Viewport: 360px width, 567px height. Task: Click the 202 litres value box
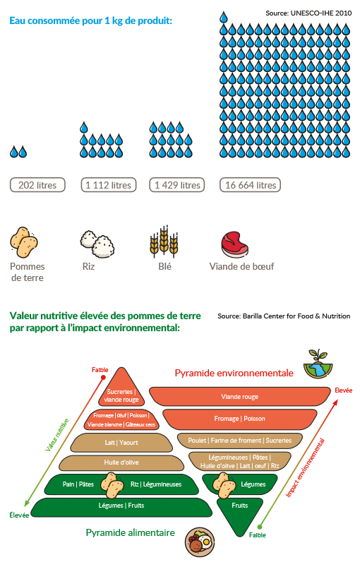[37, 185]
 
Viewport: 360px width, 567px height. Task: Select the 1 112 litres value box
[109, 185]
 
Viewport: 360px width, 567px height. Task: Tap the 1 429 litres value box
[177, 185]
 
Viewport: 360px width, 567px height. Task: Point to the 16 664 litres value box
[250, 185]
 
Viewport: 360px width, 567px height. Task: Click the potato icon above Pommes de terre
[24, 242]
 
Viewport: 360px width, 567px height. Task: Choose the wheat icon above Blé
[164, 241]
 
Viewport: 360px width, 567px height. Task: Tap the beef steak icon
[235, 244]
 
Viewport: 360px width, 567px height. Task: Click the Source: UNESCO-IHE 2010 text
[308, 13]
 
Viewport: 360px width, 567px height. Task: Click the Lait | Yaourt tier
[121, 443]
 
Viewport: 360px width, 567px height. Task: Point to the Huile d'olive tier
[121, 462]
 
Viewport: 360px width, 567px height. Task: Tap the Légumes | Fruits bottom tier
[121, 506]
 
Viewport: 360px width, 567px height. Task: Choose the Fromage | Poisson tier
[239, 419]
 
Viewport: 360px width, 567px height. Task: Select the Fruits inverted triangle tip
[239, 536]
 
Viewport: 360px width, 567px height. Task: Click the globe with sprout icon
[318, 364]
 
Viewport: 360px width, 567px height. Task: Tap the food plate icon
[200, 542]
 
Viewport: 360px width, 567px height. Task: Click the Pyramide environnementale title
[234, 374]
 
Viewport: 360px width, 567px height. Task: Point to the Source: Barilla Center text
[284, 316]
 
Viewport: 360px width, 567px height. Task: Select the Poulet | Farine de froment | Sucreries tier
[239, 441]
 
